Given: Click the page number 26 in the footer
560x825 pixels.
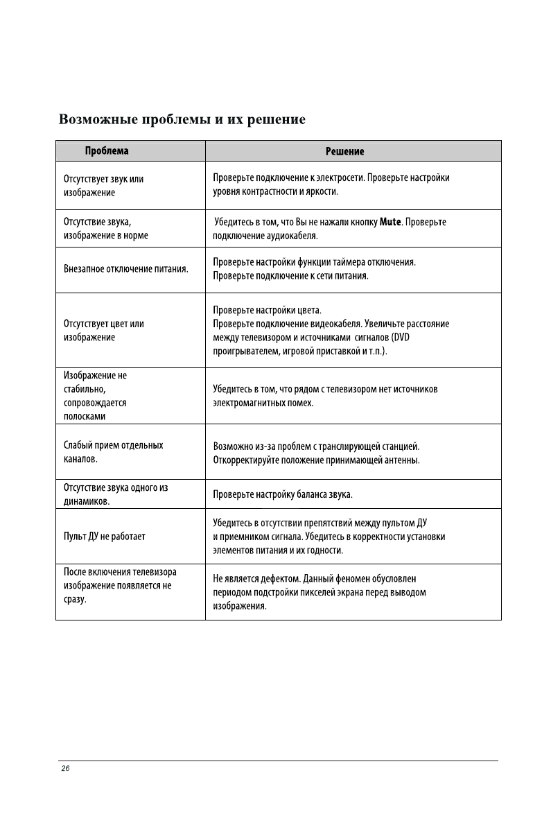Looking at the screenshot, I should pyautogui.click(x=66, y=769).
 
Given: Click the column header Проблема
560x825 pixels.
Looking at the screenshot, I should pyautogui.click(x=107, y=150).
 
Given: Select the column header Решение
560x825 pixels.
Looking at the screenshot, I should pyautogui.click(x=344, y=151).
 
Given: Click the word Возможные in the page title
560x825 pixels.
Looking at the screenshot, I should pyautogui.click(x=97, y=119).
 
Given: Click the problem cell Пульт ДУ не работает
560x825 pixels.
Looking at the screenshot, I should pyautogui.click(x=104, y=536).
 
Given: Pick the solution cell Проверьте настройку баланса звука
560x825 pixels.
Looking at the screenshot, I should pyautogui.click(x=283, y=495).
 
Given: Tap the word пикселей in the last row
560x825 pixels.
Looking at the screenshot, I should pyautogui.click(x=310, y=592).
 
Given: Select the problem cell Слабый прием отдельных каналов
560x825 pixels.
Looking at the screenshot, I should pyautogui.click(x=113, y=452).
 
